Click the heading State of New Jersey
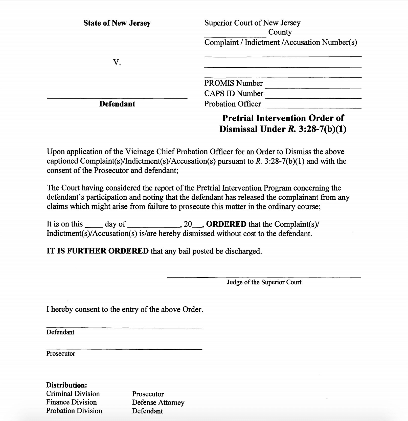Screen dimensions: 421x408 click(117, 23)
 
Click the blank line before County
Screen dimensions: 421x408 click(235, 35)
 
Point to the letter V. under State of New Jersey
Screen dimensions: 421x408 click(117, 62)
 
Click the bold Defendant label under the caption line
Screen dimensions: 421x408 click(117, 104)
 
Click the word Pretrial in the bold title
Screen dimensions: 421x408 click(238, 118)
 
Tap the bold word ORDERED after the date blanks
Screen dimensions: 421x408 click(226, 224)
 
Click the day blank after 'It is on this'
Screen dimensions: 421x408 click(94, 226)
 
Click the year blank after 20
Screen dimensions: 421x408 click(197, 226)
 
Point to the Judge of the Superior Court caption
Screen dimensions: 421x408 click(264, 282)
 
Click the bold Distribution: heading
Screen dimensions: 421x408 click(66, 385)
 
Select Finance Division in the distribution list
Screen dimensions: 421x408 click(71, 402)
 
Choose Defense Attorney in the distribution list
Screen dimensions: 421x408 click(158, 403)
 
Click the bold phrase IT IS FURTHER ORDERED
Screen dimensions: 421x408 click(98, 251)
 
